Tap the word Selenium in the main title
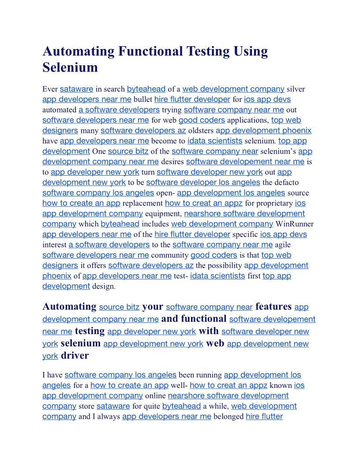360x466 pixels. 70,68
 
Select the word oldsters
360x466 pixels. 201,131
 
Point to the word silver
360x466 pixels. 296,89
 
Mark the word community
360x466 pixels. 170,256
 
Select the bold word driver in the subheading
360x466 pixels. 75,356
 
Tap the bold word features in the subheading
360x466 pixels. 274,306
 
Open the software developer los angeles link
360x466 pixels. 203,182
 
